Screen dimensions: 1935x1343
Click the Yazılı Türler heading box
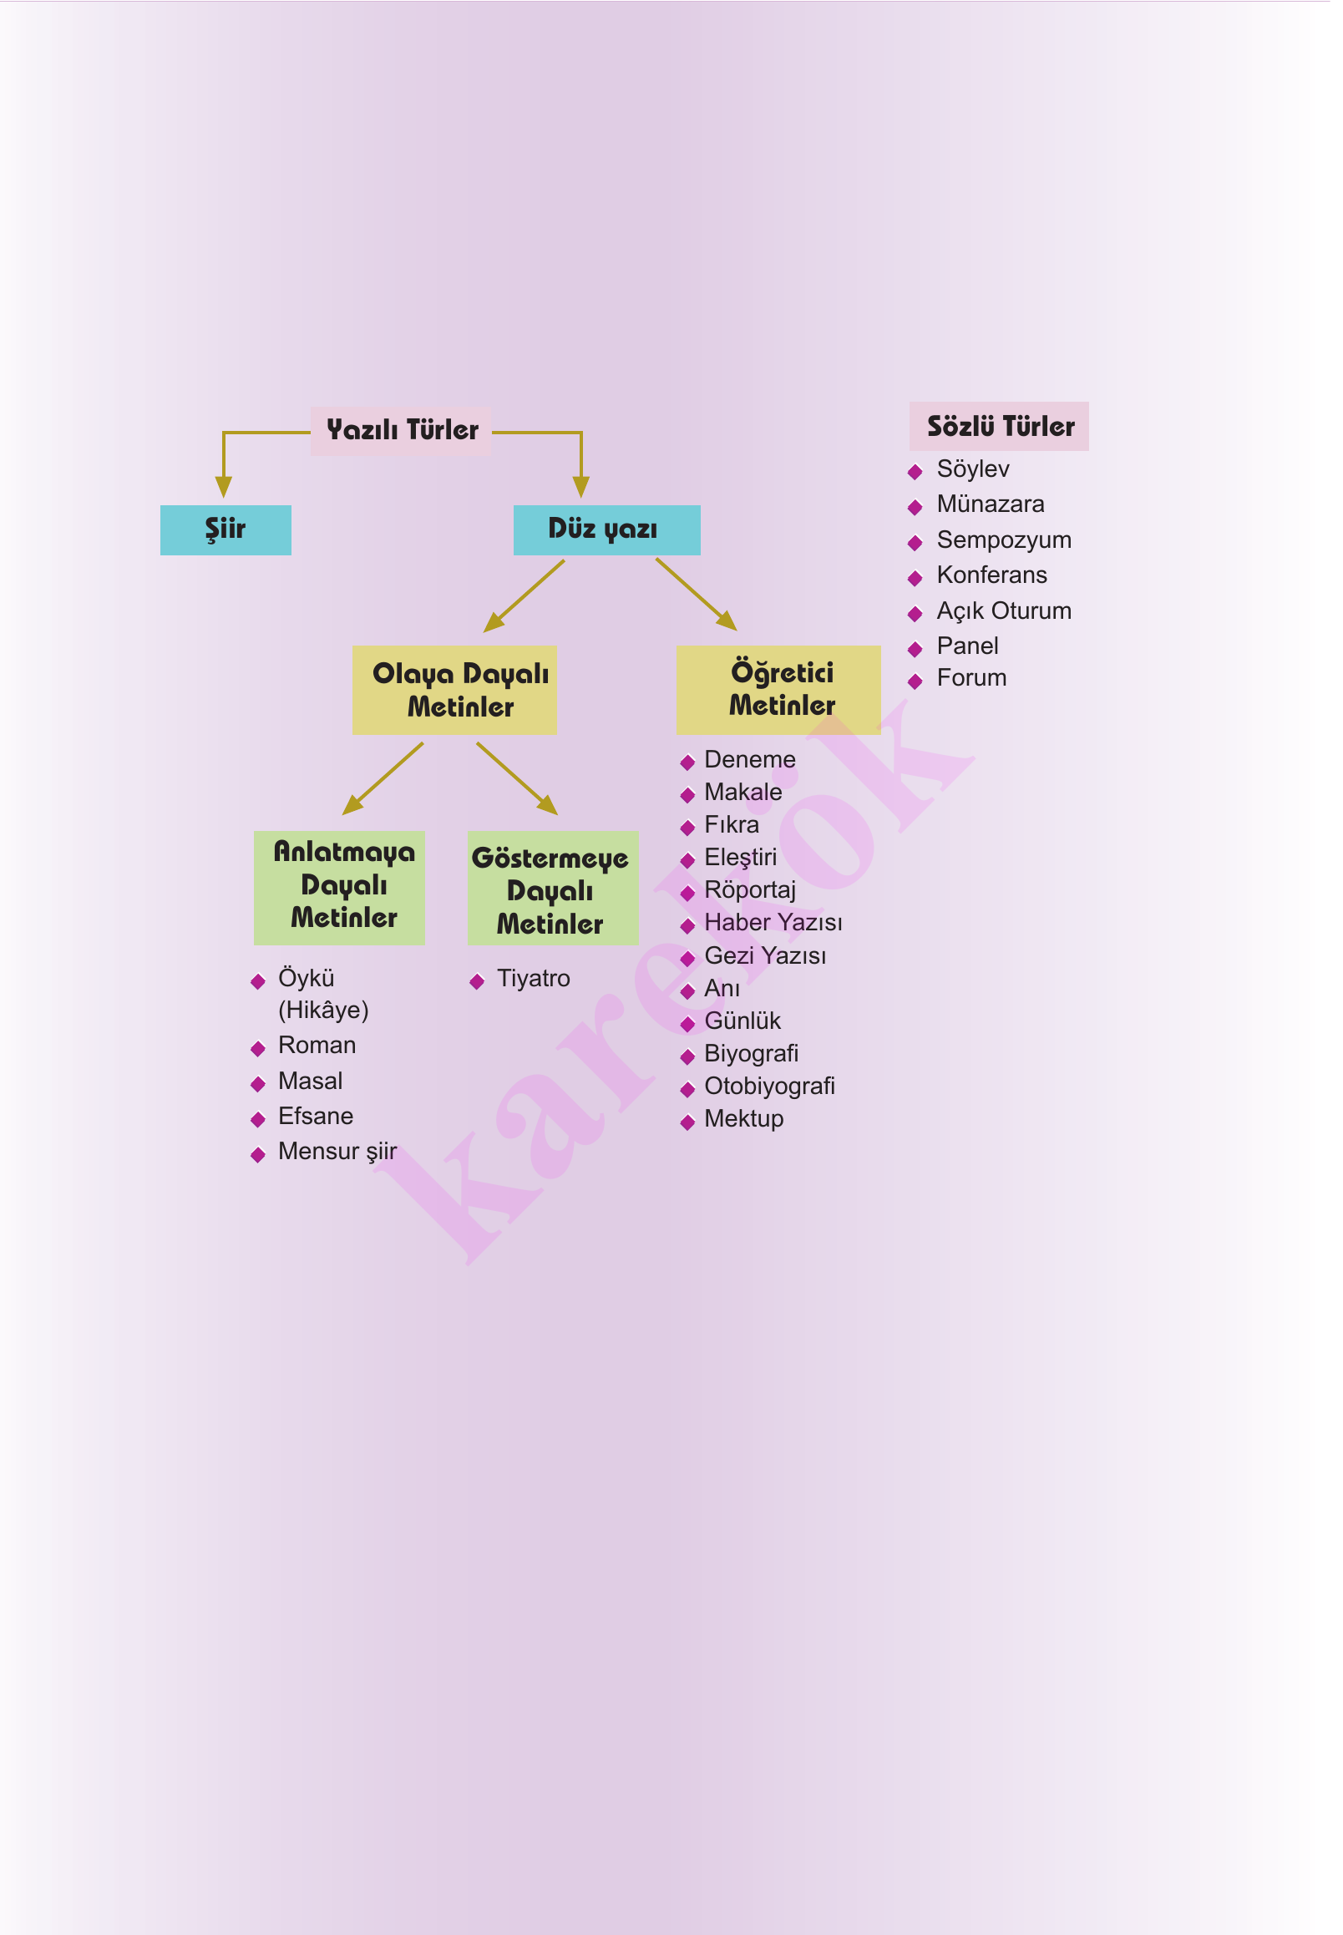point(402,431)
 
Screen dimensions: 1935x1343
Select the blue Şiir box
point(226,530)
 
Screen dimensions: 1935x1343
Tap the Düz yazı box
point(606,530)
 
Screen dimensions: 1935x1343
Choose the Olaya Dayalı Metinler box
point(454,690)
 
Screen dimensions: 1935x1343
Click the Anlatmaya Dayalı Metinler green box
point(339,887)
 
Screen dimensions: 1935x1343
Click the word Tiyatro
point(534,979)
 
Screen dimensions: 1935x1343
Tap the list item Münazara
point(991,504)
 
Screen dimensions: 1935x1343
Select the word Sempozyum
point(1004,540)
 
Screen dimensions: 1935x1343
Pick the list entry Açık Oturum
point(1004,610)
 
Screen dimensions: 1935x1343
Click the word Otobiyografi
point(769,1087)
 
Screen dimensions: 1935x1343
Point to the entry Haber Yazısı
point(773,923)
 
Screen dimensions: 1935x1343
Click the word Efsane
point(316,1117)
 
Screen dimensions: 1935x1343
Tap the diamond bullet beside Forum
point(915,681)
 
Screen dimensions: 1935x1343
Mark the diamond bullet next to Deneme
point(687,763)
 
